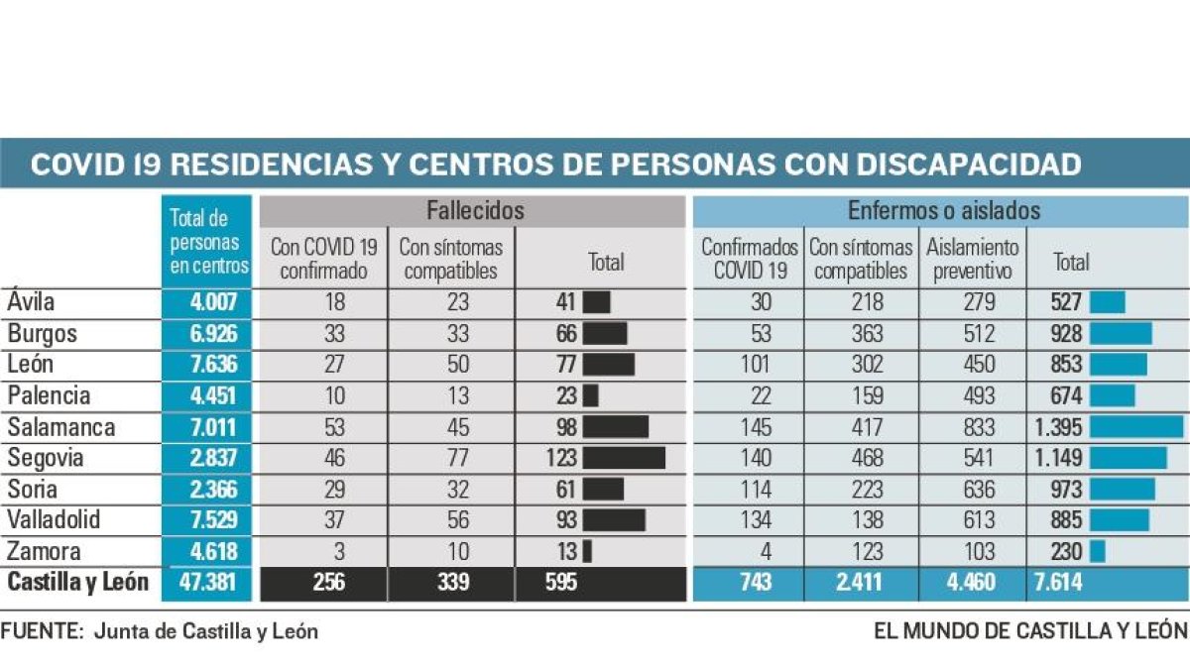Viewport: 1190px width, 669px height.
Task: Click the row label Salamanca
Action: point(61,427)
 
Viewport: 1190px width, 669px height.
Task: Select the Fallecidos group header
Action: point(474,211)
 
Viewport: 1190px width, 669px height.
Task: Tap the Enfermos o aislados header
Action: point(943,211)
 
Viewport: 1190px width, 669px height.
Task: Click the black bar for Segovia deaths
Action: point(624,458)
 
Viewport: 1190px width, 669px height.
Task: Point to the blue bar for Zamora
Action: point(1097,551)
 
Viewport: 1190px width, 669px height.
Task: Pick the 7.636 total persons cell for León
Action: point(208,365)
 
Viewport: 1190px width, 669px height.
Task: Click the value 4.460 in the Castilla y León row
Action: point(973,583)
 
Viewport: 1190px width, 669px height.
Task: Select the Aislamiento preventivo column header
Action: point(973,258)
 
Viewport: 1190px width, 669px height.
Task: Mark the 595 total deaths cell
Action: point(561,583)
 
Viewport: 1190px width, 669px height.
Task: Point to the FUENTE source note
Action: point(160,631)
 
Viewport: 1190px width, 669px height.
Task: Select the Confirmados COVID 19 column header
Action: point(749,258)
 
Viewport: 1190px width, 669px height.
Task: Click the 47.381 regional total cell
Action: point(207,583)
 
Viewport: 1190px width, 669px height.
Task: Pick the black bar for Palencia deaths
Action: point(590,396)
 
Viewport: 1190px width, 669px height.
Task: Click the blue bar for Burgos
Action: point(1121,334)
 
